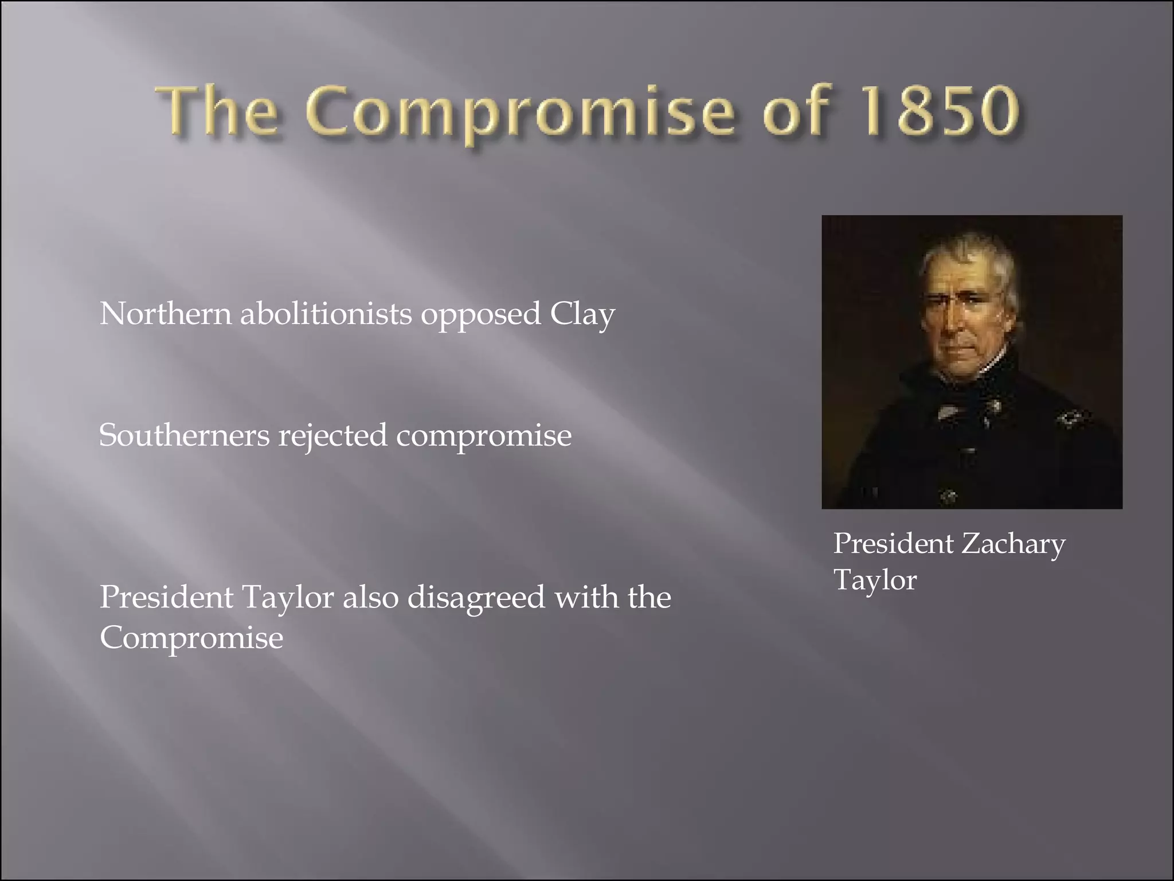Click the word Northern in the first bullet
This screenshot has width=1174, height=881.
click(x=165, y=314)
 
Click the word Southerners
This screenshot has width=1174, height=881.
click(x=184, y=435)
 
